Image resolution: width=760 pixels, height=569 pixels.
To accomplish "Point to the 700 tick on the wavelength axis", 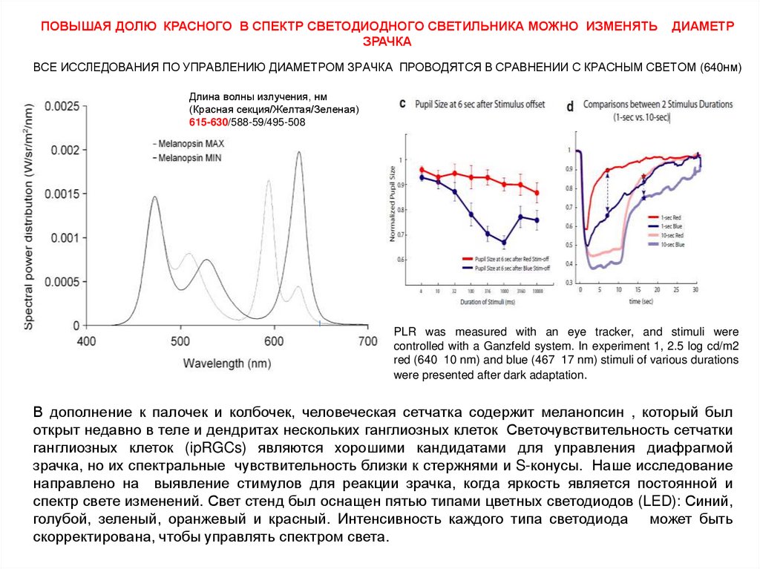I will pyautogui.click(x=367, y=341).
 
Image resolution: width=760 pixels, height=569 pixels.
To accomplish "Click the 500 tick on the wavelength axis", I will pyautogui.click(x=180, y=341).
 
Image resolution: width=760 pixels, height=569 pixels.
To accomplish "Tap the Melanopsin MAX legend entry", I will pyautogui.click(x=192, y=142).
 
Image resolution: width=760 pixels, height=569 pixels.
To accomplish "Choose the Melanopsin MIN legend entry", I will pyautogui.click(x=191, y=158).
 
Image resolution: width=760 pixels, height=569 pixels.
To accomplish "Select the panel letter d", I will pyautogui.click(x=570, y=106).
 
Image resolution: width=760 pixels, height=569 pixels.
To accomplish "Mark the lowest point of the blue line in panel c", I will pyautogui.click(x=504, y=242).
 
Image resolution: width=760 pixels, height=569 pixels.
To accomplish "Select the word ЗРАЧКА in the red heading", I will pyautogui.click(x=387, y=41).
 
